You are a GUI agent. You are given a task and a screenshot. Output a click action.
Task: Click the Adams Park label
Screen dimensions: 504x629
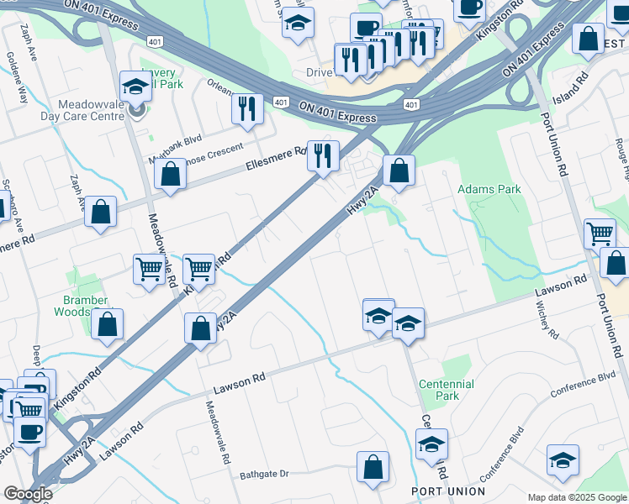coord(489,190)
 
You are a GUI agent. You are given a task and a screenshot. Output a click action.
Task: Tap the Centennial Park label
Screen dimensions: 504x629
coord(446,390)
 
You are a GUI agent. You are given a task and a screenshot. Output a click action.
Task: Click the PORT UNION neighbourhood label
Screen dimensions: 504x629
coord(447,491)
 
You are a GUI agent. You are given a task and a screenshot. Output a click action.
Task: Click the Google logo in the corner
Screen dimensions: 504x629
coord(28,494)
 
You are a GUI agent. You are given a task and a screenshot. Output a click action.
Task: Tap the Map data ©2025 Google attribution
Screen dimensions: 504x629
coord(576,497)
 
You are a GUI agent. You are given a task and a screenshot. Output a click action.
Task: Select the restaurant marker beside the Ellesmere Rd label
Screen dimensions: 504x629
coord(322,155)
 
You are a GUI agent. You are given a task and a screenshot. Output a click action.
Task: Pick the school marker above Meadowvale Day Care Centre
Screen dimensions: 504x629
coord(135,87)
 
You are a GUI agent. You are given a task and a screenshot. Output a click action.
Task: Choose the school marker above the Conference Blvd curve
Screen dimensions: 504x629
coord(563,460)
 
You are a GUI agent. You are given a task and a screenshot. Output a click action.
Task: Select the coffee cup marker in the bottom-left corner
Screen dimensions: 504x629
coord(30,432)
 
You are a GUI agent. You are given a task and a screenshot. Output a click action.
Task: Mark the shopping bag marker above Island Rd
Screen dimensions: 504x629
coord(588,39)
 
